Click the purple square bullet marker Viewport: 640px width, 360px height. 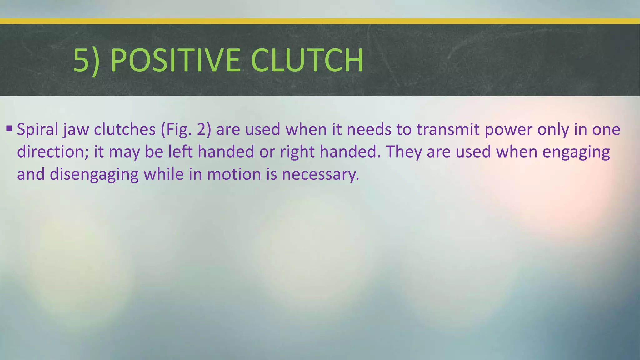9,128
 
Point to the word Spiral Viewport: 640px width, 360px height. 37,129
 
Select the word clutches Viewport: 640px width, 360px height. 125,129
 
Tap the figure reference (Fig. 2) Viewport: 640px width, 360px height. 186,129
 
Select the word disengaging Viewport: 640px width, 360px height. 94,174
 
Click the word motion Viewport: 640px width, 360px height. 234,174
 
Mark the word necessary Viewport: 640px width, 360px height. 321,174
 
